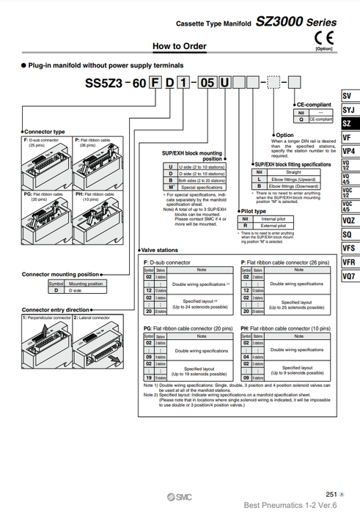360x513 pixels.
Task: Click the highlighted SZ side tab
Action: [x=348, y=124]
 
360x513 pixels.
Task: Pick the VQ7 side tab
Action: [x=348, y=276]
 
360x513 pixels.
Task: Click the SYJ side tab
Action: [x=348, y=110]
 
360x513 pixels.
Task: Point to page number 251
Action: [x=331, y=495]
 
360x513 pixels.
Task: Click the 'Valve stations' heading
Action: [x=161, y=251]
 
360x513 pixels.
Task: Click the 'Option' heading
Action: [x=284, y=135]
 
